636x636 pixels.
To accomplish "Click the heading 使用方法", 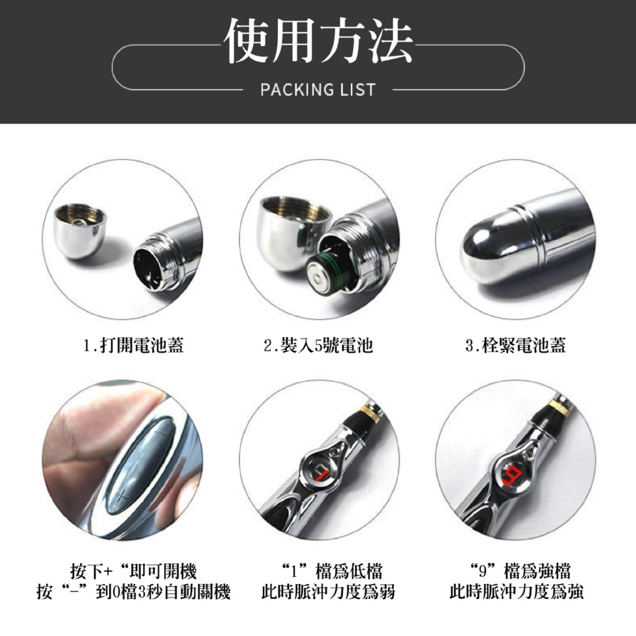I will (318, 41).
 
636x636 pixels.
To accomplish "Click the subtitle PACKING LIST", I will (318, 89).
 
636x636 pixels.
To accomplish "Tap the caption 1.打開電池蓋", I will (134, 345).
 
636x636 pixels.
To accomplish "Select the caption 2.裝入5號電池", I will (318, 345).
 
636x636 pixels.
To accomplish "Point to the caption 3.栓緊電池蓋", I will (515, 345).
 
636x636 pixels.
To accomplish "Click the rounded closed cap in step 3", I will (493, 250).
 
